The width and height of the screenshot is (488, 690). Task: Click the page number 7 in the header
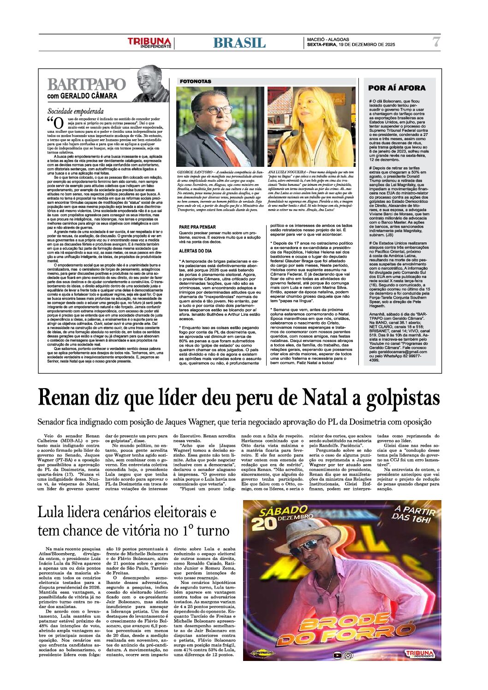pyautogui.click(x=436, y=42)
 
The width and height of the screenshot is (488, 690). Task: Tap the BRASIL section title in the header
pyautogui.click(x=239, y=43)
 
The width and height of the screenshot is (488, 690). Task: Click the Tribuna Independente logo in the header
pyautogui.click(x=149, y=43)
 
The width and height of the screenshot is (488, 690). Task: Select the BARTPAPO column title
pyautogui.click(x=86, y=85)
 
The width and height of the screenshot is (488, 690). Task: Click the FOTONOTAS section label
pyautogui.click(x=196, y=81)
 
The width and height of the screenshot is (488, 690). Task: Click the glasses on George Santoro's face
pyautogui.click(x=214, y=110)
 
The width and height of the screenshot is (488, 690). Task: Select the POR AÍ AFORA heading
pyautogui.click(x=397, y=88)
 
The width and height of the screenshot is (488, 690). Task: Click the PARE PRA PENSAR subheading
pyautogui.click(x=197, y=227)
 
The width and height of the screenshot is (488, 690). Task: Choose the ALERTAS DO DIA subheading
pyautogui.click(x=195, y=251)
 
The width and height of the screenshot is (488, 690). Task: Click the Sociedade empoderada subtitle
pyautogui.click(x=75, y=111)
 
